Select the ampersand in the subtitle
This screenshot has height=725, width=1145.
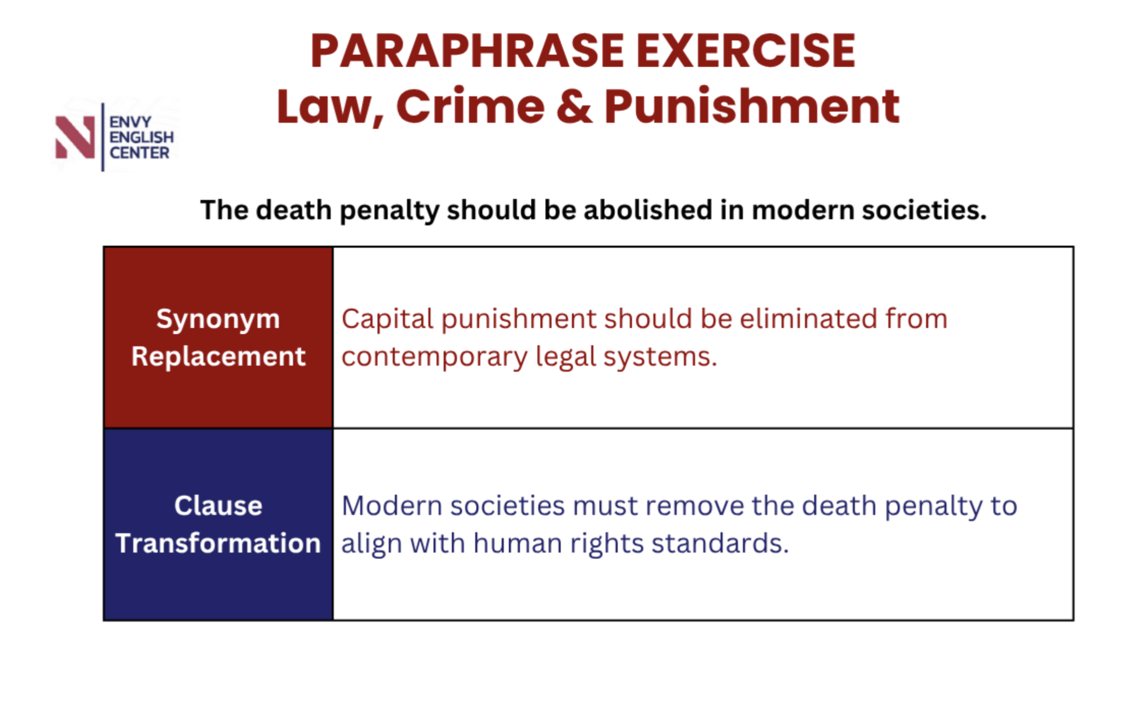[574, 106]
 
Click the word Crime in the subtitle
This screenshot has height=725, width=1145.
[470, 106]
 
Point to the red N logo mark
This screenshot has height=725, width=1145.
[75, 137]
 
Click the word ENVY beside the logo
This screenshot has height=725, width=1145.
[130, 122]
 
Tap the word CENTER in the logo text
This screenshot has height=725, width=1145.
[140, 153]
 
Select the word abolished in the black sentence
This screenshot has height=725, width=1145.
[648, 210]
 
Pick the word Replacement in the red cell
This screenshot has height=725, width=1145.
[219, 356]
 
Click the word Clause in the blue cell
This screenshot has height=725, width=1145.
[219, 506]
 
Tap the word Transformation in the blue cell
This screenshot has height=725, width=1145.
[219, 543]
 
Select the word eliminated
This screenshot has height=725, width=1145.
[808, 319]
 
